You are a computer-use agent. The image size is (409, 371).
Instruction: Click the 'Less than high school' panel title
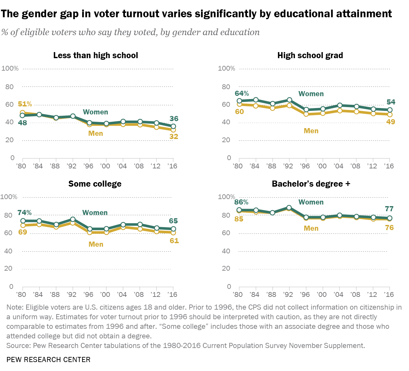pos(96,55)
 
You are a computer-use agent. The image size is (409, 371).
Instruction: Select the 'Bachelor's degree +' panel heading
pos(311,184)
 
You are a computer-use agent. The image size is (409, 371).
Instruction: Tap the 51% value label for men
pos(25,104)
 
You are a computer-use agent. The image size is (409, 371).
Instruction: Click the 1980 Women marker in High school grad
pos(239,101)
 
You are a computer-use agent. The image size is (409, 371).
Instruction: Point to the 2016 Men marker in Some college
pos(173,232)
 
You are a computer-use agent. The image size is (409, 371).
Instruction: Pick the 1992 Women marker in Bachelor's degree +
pos(289,208)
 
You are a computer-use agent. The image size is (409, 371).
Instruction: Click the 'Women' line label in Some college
pos(95,213)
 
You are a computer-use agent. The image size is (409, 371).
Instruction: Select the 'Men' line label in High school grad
pos(311,131)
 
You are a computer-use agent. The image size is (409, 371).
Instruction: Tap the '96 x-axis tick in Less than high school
pos(88,166)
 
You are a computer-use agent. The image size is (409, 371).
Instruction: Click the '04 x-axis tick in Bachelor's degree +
pos(338,294)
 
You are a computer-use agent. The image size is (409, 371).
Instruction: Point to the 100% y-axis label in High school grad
pos(226,68)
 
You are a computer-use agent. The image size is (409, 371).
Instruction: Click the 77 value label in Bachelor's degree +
pos(389,209)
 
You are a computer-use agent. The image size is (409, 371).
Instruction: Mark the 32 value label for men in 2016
pos(174,136)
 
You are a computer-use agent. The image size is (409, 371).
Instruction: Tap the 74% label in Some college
pos(25,213)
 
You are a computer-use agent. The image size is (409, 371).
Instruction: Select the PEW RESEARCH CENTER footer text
pos(49,359)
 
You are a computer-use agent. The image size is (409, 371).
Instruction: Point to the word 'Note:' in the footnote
pos(15,307)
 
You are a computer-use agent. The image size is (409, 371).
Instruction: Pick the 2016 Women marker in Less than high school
pos(173,126)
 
